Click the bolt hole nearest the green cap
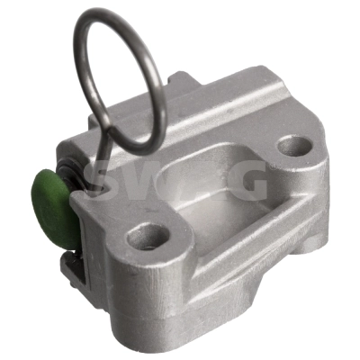tap(148, 236)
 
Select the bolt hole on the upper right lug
tap(294, 146)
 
